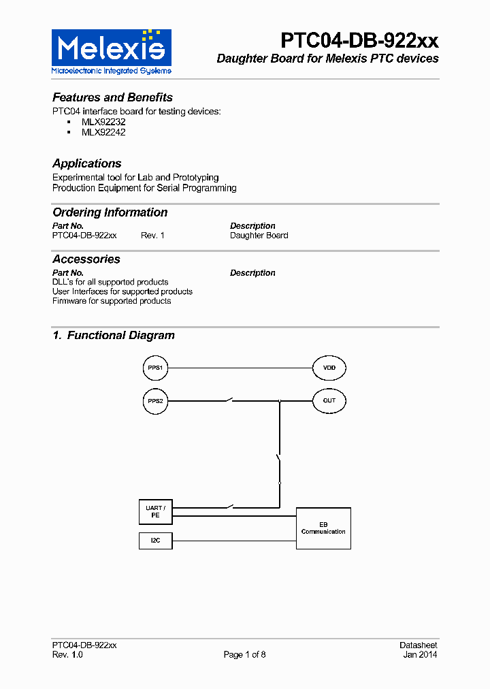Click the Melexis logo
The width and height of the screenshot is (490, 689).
coord(112,51)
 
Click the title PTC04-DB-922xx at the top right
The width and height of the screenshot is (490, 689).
coord(360,40)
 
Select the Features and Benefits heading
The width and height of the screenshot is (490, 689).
coord(112,97)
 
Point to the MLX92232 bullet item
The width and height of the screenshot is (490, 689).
coord(103,122)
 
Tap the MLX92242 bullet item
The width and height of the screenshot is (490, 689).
coord(103,132)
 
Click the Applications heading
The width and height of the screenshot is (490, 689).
coord(87,163)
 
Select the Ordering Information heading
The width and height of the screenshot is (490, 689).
coord(110,212)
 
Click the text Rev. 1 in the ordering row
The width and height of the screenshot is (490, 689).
coord(152,236)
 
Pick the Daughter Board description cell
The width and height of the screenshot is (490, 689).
coord(259,236)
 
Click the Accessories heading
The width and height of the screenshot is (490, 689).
coord(86,259)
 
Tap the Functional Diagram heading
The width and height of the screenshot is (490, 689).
coord(114,335)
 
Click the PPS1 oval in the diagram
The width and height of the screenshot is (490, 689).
coord(155,368)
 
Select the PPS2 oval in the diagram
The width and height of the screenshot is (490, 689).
coord(155,401)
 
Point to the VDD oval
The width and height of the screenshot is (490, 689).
coord(329,368)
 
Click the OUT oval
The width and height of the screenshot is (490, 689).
coord(329,400)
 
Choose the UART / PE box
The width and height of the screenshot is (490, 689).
coord(155,512)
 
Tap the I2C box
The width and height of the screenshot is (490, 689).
coord(155,541)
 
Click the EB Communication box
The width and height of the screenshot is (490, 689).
coord(323,528)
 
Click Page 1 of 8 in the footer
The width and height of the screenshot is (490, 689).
coord(245,655)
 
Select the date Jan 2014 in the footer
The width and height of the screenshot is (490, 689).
coord(420,655)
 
